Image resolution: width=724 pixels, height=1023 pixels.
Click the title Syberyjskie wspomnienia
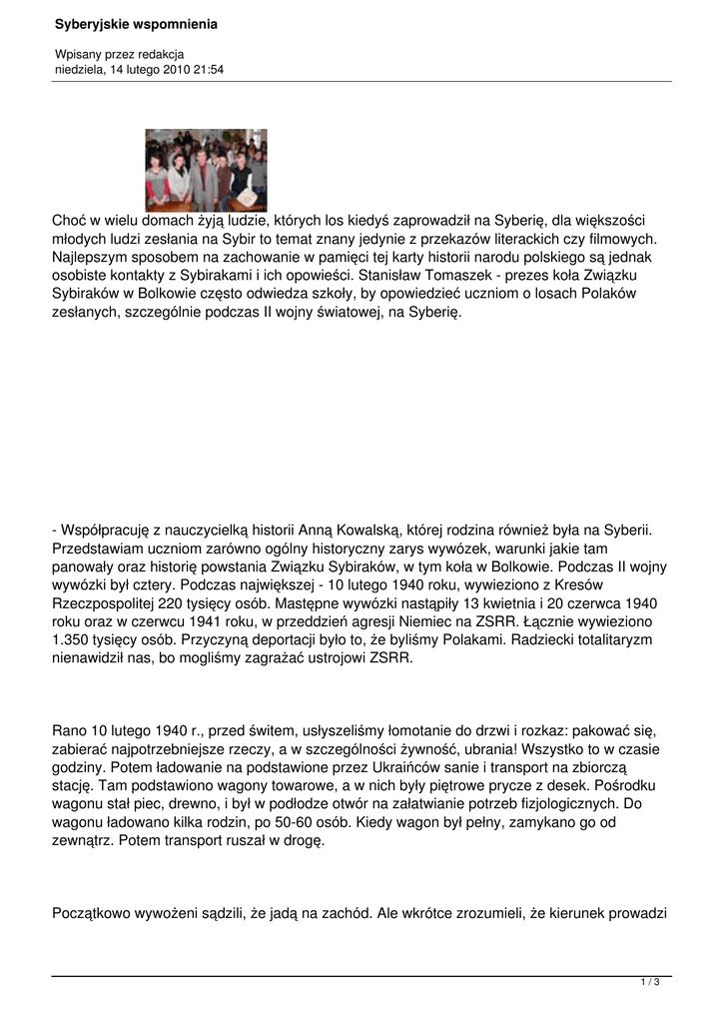136,23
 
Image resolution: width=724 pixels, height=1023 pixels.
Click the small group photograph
206,170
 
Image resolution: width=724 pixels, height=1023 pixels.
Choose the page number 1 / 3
649,984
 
